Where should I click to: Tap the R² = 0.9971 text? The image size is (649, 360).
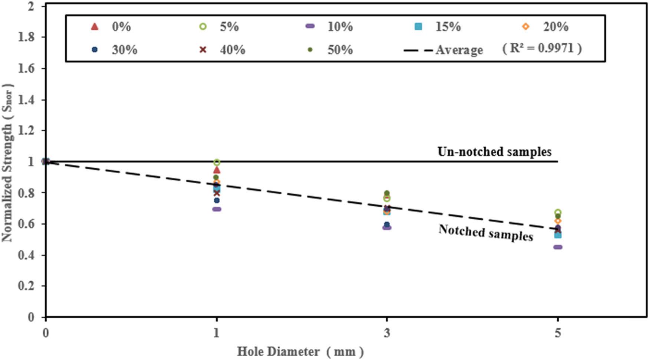click(x=542, y=48)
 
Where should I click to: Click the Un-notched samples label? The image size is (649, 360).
click(x=494, y=152)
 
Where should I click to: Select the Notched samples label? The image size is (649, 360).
click(x=486, y=233)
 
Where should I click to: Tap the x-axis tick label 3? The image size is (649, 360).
click(x=387, y=333)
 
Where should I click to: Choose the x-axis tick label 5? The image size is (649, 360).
click(x=557, y=333)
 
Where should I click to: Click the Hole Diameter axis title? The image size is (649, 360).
click(x=300, y=351)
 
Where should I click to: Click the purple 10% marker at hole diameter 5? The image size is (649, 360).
click(x=557, y=247)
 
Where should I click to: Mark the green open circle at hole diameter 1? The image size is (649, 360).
click(x=217, y=163)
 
